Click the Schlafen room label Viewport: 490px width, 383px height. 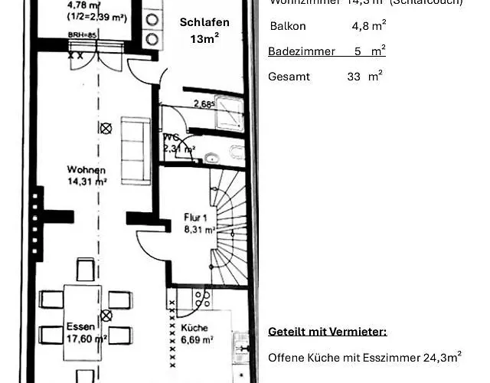coord(204,22)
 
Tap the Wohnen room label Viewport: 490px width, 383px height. coord(86,169)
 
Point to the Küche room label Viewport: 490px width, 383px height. coord(194,327)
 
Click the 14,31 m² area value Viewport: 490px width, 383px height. coord(86,182)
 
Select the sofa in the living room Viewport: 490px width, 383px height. coord(136,149)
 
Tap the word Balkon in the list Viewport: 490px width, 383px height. coord(287,26)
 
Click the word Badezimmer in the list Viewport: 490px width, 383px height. coord(302,51)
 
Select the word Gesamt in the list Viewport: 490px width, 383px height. coord(286,77)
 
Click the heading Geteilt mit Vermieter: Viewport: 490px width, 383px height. coord(328,332)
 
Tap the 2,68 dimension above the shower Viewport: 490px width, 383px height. coord(203,103)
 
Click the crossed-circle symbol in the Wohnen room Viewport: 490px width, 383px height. coord(106,129)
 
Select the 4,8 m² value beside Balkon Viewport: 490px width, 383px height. coord(368,26)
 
